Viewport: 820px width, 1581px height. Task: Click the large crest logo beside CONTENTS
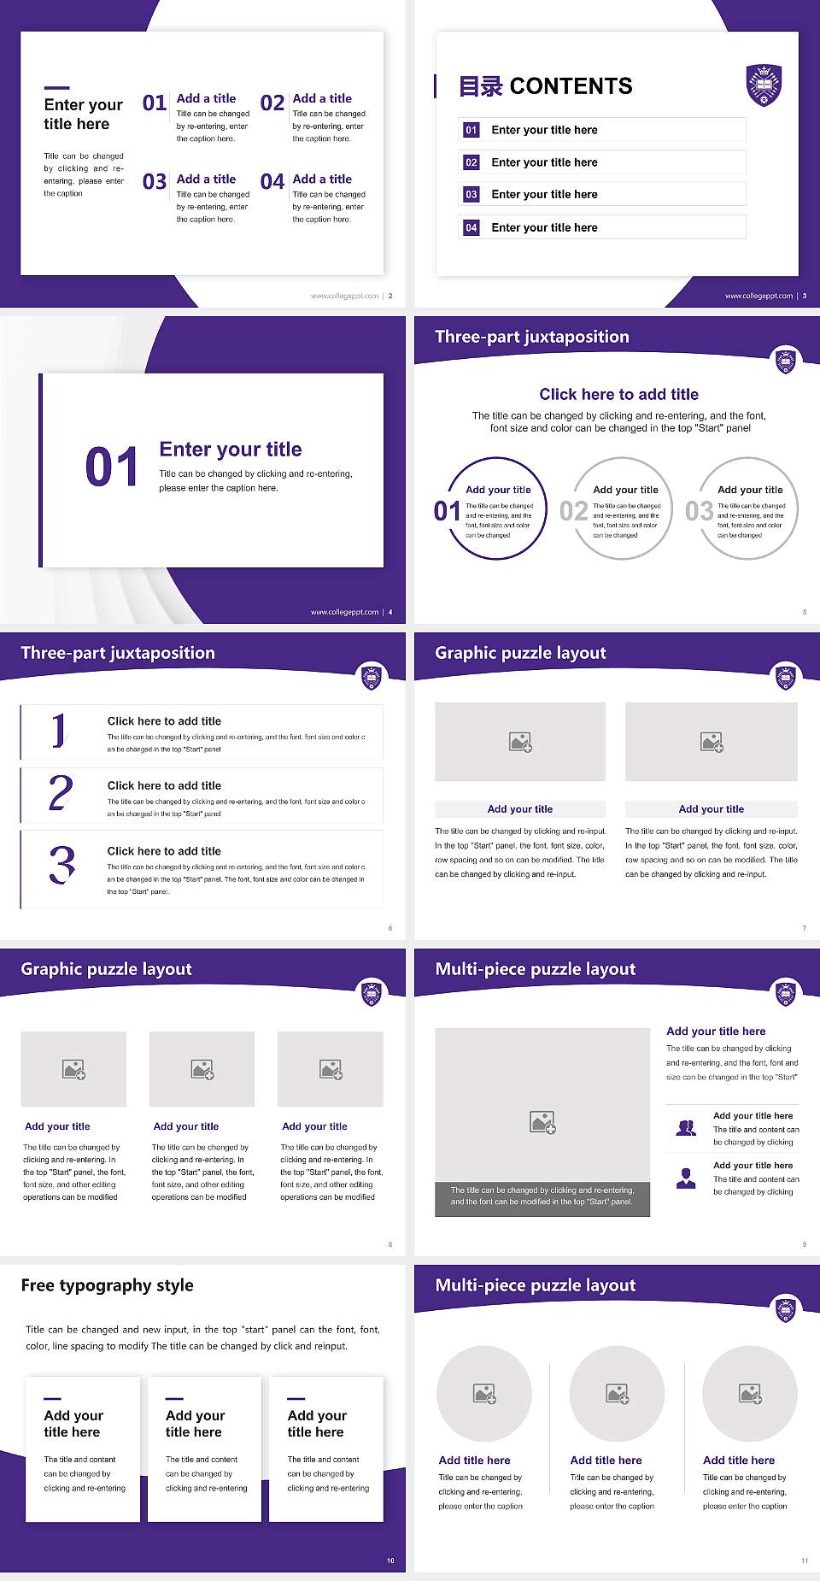click(x=764, y=85)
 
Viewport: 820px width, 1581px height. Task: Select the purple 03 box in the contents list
click(x=471, y=195)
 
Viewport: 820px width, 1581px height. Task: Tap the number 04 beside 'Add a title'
click(x=272, y=182)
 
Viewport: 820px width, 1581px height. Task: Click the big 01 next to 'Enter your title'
click(x=112, y=467)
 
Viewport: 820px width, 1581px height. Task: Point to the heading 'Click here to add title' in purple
click(x=618, y=394)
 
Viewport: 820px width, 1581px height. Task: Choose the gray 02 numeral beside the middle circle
click(x=573, y=511)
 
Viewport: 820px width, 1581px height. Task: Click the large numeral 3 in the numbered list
click(x=61, y=865)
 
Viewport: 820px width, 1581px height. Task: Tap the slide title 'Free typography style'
click(x=107, y=1285)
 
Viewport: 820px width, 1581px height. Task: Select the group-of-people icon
click(x=686, y=1128)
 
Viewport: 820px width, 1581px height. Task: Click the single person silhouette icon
click(x=686, y=1178)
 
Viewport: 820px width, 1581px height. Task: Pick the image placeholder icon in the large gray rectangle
click(x=542, y=1122)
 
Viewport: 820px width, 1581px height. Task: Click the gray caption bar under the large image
click(x=542, y=1196)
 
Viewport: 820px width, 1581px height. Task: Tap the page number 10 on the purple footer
click(x=390, y=1560)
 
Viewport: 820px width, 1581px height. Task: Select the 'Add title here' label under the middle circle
click(x=606, y=1461)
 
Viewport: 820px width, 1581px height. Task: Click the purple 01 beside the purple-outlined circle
click(x=447, y=511)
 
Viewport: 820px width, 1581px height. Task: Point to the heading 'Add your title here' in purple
click(x=716, y=1031)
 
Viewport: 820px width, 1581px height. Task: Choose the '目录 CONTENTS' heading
click(x=546, y=86)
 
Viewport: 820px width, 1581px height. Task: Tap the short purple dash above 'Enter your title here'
click(x=56, y=87)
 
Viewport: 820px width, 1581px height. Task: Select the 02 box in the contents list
click(x=471, y=162)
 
